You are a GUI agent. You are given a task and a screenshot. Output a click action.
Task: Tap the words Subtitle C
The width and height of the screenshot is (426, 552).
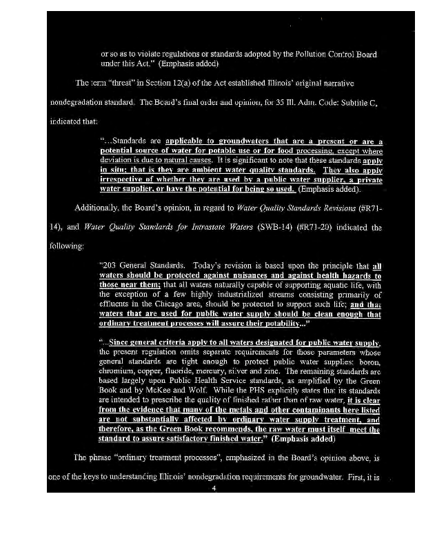[361, 102]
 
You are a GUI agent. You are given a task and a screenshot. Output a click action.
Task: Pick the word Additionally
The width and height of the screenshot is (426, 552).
[97, 206]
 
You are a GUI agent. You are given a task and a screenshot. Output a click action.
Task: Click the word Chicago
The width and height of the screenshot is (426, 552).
[183, 303]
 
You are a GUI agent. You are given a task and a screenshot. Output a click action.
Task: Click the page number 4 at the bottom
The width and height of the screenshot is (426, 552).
[214, 489]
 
